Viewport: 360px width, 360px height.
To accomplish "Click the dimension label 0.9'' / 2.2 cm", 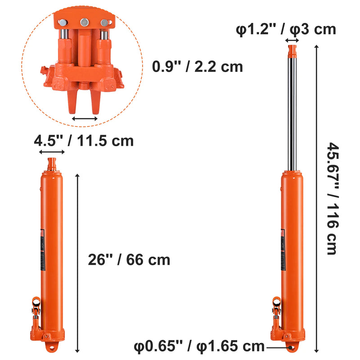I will [198, 67].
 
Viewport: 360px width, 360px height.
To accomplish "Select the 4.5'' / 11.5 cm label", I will [84, 140].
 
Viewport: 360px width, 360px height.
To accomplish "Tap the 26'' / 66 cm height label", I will [129, 260].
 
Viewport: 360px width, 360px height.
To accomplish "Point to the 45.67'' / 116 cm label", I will [332, 198].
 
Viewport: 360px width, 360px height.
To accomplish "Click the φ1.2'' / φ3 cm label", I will [286, 29].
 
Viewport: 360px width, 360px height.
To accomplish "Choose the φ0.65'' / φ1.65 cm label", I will [199, 346].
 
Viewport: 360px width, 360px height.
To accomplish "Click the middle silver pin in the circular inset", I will [84, 22].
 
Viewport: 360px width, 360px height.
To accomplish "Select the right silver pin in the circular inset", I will [104, 23].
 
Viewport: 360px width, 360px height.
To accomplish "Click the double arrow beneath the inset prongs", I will [85, 119].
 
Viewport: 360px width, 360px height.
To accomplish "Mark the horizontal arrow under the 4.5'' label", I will [52, 153].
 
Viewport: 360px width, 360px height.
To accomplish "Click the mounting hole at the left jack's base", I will [52, 348].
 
